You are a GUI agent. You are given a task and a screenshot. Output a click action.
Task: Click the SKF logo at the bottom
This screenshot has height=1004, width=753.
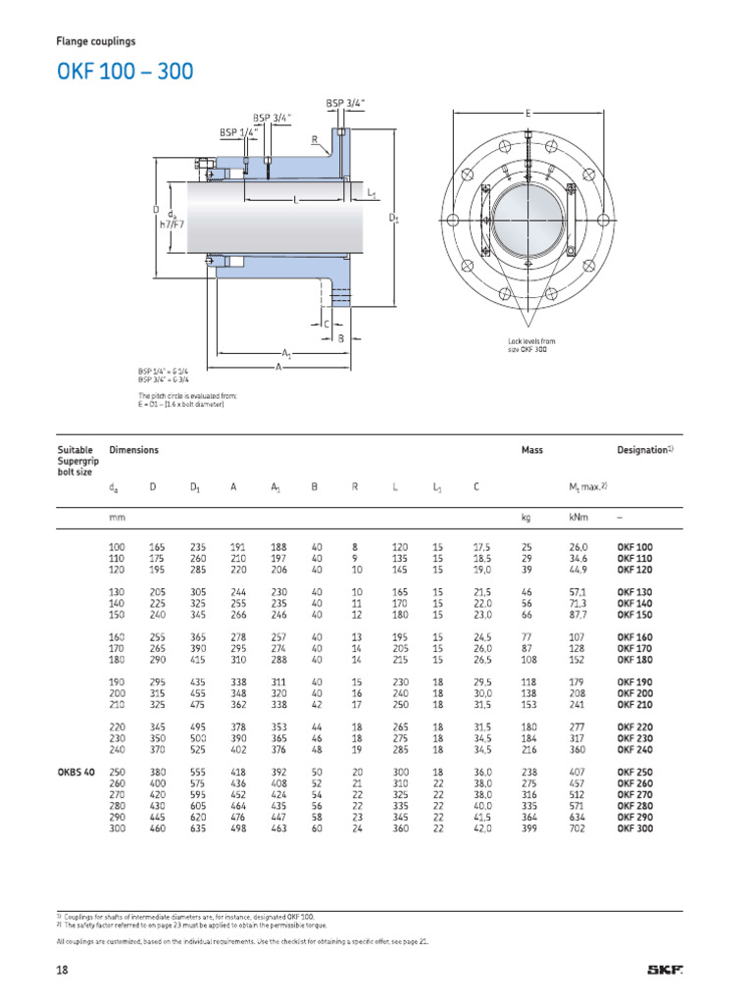pos(664,972)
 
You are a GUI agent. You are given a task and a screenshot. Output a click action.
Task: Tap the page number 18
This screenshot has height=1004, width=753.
pos(63,972)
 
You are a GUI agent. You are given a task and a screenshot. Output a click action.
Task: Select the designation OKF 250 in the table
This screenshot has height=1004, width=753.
pos(634,772)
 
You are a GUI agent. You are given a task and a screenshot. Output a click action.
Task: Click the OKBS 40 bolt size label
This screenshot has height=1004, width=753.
pos(75,772)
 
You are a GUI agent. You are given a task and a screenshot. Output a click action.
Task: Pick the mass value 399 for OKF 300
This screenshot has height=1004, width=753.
pos(529,828)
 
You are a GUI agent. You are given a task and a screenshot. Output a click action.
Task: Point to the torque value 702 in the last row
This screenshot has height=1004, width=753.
pos(576,828)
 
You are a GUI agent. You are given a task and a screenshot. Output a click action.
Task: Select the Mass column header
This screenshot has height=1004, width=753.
pos(531,450)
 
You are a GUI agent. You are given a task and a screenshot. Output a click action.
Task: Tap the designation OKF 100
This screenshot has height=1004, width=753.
pos(634,546)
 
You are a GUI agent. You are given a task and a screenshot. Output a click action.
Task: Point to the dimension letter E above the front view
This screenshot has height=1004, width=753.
pos(527,114)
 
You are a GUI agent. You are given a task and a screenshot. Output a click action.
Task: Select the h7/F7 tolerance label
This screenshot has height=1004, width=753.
pos(173,223)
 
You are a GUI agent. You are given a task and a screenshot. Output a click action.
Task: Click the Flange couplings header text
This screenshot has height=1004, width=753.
pos(95,42)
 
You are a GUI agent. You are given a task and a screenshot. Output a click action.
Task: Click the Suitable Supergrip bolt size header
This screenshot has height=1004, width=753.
pos(76,461)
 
